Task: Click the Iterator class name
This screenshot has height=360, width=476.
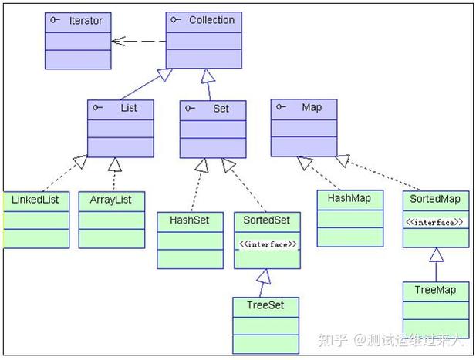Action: pyautogui.click(x=85, y=20)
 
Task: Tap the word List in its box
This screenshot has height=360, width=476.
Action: pyautogui.click(x=129, y=108)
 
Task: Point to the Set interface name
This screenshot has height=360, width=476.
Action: pyautogui.click(x=221, y=109)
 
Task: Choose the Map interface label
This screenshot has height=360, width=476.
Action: pyautogui.click(x=312, y=107)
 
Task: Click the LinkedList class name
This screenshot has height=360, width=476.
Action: pyautogui.click(x=35, y=199)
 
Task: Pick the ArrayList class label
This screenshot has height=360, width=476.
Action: pyautogui.click(x=111, y=199)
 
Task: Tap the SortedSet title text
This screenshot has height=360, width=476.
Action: pyautogui.click(x=266, y=220)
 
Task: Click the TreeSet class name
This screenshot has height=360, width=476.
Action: pyautogui.click(x=265, y=305)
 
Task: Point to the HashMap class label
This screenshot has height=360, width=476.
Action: pyautogui.click(x=349, y=198)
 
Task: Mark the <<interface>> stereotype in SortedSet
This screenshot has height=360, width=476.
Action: pyautogui.click(x=266, y=244)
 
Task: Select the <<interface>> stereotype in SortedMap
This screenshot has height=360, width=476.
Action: pyautogui.click(x=436, y=223)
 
